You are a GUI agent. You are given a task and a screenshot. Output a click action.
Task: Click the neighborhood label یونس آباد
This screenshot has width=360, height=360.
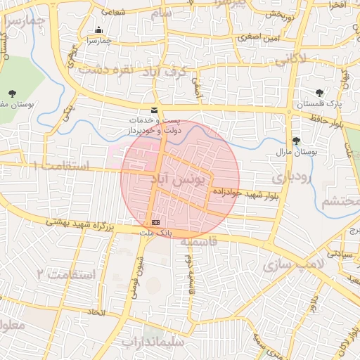click(x=177, y=181)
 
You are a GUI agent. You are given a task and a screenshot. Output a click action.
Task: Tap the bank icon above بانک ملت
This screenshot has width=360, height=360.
click(x=155, y=222)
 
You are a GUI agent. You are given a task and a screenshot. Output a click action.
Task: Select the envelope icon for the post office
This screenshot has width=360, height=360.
click(x=154, y=110)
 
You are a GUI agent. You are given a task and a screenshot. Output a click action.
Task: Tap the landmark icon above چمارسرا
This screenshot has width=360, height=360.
click(x=98, y=30)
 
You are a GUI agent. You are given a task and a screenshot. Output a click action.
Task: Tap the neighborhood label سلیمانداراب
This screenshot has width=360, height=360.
click(x=152, y=342)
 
